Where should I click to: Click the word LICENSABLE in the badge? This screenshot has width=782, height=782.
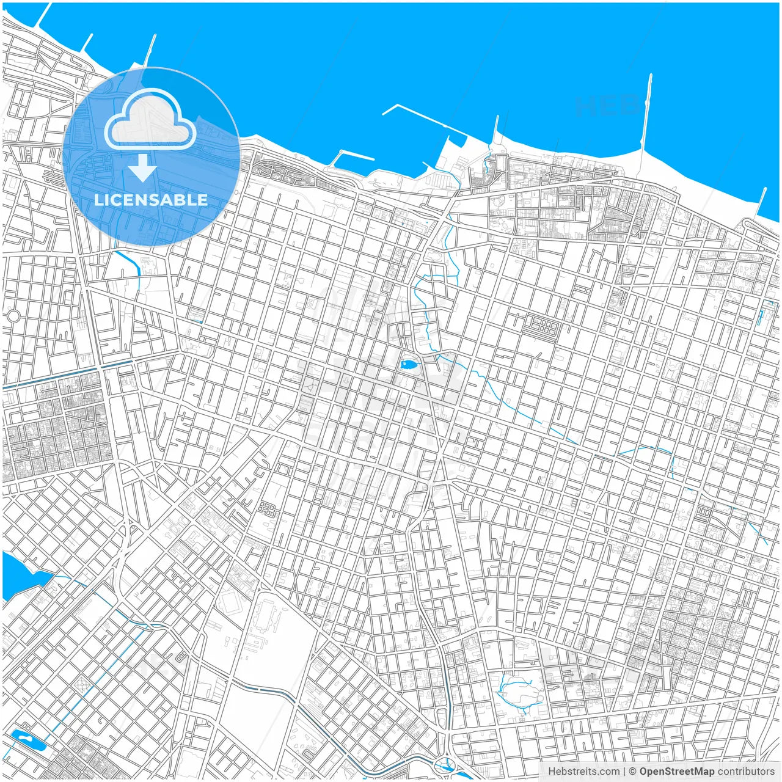[x=151, y=200]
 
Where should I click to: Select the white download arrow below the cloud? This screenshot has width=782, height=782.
[x=142, y=168]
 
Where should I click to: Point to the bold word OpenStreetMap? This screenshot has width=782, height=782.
[x=676, y=772]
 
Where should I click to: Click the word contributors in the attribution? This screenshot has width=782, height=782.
[x=745, y=772]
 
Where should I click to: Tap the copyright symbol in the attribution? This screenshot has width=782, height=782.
[x=633, y=772]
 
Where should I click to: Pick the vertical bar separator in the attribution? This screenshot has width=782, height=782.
[x=624, y=772]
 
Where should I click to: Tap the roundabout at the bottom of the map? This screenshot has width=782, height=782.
[x=445, y=764]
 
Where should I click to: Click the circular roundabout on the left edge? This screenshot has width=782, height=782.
[x=13, y=316]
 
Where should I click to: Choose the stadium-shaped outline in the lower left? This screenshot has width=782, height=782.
[x=230, y=602]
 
